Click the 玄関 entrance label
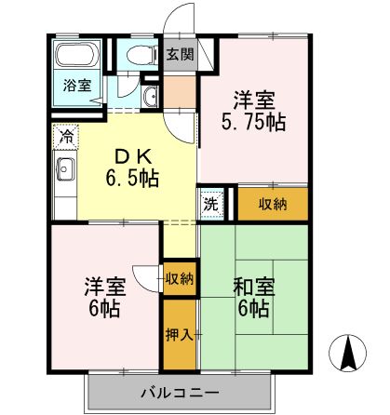point(181,53)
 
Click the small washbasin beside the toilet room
point(153,96)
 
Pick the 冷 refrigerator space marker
point(66,136)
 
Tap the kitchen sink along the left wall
point(65,169)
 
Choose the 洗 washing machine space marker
point(212,202)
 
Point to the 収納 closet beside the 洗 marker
point(273,204)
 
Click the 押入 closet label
point(179,334)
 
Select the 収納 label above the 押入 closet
point(179,278)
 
